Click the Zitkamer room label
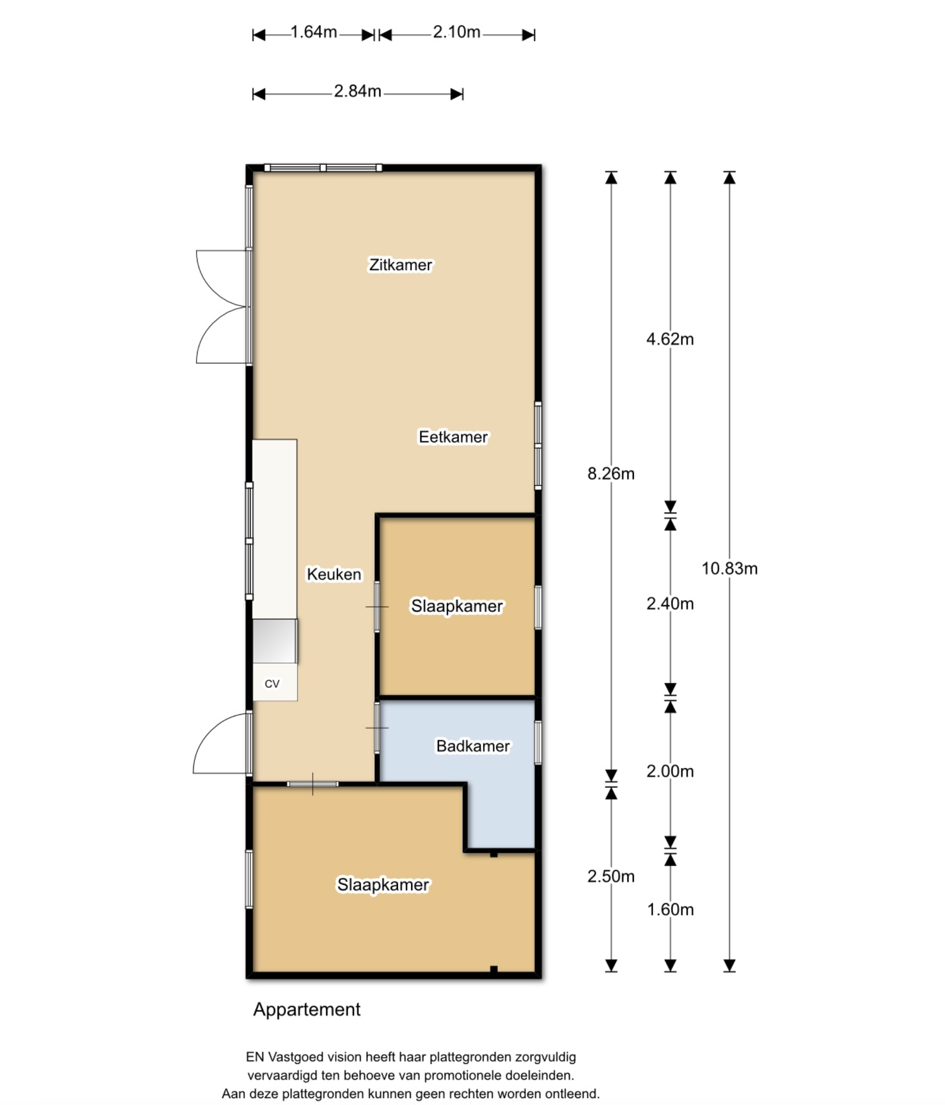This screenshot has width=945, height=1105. click(x=400, y=265)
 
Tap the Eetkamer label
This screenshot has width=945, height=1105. click(x=454, y=437)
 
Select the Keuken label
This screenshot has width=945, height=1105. click(x=334, y=575)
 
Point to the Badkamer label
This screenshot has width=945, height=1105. click(x=473, y=746)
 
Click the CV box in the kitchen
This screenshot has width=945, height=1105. click(x=274, y=682)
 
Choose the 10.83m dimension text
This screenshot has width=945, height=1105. click(x=730, y=568)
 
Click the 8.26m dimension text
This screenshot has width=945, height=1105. click(x=611, y=473)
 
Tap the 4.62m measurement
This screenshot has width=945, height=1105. click(x=671, y=339)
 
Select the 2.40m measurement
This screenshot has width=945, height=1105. click(x=671, y=604)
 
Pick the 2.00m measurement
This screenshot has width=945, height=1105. click(x=671, y=771)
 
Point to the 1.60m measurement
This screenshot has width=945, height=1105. click(x=671, y=909)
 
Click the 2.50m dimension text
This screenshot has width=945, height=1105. click(x=611, y=876)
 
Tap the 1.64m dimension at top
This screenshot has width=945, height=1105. click(x=314, y=33)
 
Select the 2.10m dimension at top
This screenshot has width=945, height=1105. click(x=457, y=33)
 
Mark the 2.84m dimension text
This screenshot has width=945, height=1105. click(x=358, y=91)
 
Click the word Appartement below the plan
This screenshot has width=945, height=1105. click(x=307, y=1010)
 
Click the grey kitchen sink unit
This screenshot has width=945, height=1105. click(x=274, y=641)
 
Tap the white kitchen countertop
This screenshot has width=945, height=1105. click(x=274, y=529)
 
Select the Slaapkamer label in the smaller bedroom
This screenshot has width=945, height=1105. click(x=457, y=606)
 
